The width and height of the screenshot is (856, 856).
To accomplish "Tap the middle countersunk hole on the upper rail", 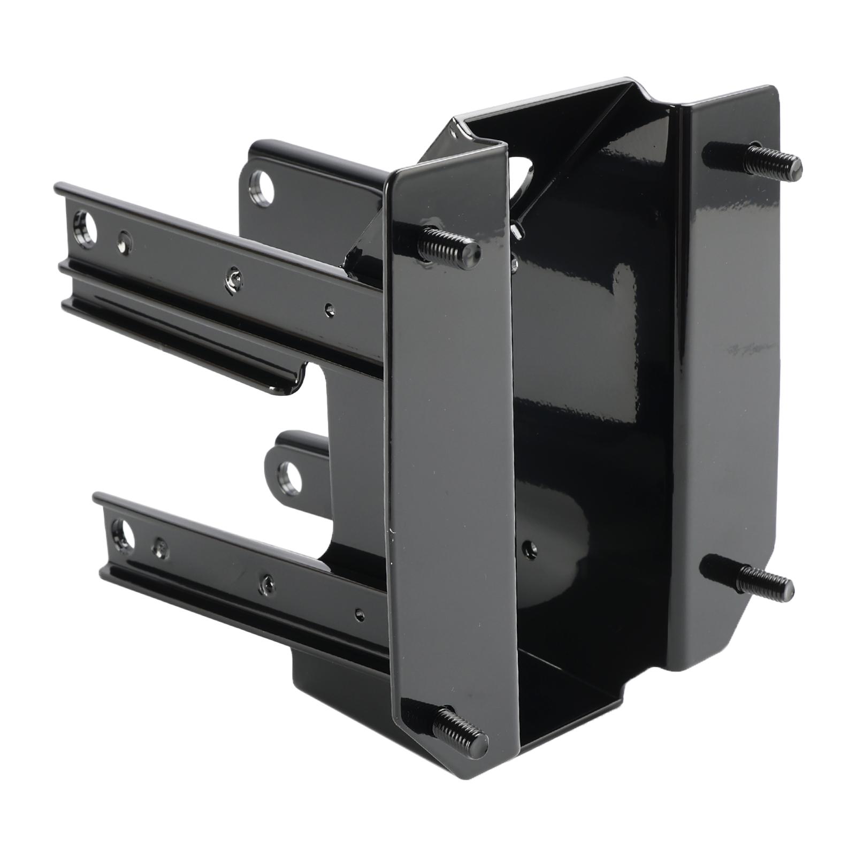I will click(233, 277).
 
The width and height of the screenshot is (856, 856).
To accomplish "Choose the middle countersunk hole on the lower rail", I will click(266, 580).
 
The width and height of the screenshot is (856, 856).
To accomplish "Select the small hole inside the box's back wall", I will click(529, 548).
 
